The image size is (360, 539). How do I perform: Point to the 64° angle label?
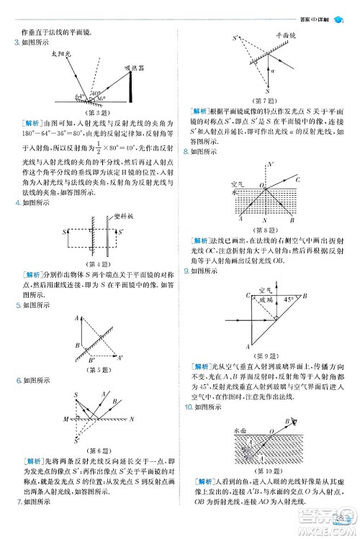[80, 95]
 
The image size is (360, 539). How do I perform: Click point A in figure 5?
[76, 317]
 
